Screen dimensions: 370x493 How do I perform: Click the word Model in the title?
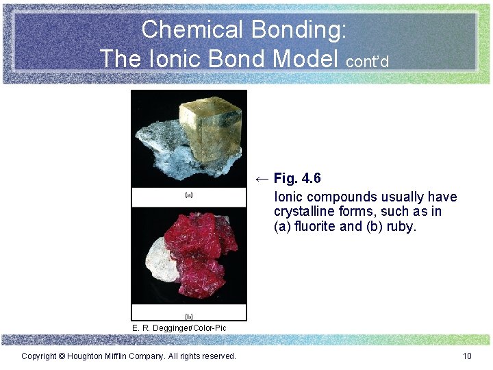click(x=307, y=58)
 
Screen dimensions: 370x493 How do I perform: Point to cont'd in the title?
click(x=368, y=62)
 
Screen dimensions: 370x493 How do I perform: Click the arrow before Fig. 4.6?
click(x=262, y=179)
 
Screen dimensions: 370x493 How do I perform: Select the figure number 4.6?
click(x=310, y=179)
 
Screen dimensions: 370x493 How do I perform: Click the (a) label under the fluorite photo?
click(x=189, y=195)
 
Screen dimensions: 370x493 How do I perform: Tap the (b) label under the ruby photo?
click(x=189, y=316)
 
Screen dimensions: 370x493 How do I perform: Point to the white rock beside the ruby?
click(x=160, y=259)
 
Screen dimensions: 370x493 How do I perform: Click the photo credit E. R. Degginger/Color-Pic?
click(x=179, y=328)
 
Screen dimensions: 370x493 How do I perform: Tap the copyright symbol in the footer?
click(x=62, y=356)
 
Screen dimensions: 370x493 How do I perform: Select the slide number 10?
click(x=468, y=356)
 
